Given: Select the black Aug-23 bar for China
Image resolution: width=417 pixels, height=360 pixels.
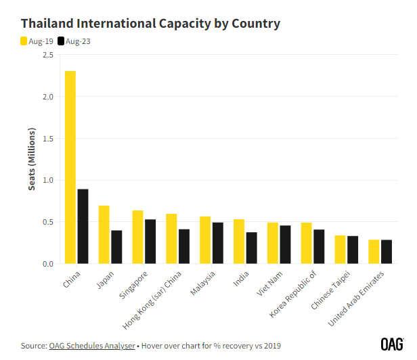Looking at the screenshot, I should pyautogui.click(x=83, y=226).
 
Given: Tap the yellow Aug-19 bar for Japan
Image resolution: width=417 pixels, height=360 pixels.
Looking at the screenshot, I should pyautogui.click(x=104, y=234).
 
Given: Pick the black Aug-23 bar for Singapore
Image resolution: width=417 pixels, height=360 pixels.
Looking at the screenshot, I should pyautogui.click(x=150, y=241).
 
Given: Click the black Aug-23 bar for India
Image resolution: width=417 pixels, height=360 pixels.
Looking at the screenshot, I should pyautogui.click(x=252, y=248).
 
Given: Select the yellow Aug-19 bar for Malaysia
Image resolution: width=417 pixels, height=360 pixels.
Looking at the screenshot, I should pyautogui.click(x=205, y=240).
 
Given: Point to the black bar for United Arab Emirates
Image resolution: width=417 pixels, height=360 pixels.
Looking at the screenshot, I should pyautogui.click(x=387, y=251).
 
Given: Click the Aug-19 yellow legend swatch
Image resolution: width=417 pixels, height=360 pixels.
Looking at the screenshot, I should pyautogui.click(x=24, y=41).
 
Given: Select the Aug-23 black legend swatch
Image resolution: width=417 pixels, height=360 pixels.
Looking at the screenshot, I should pyautogui.click(x=61, y=41).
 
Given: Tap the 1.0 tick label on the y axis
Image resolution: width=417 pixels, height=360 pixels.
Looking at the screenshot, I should pyautogui.click(x=47, y=180).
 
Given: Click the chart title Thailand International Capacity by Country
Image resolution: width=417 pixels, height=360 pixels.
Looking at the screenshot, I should pyautogui.click(x=150, y=24).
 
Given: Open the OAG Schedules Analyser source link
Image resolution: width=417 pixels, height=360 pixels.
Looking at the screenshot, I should pyautogui.click(x=91, y=346).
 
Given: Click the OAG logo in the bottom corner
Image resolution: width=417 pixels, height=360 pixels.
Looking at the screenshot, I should pyautogui.click(x=392, y=344).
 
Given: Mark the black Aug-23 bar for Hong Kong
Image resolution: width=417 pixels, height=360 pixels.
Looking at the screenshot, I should pyautogui.click(x=184, y=246).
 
